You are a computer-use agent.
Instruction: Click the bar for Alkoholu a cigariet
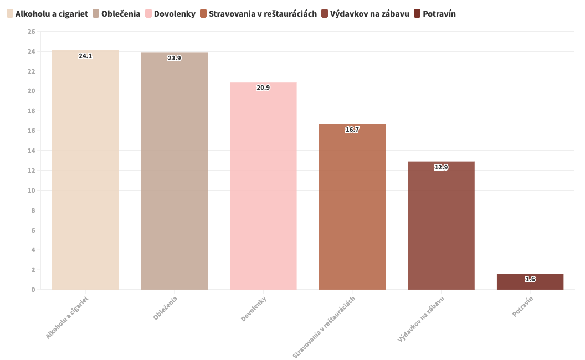tap(85, 172)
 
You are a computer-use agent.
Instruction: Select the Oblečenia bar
tap(175, 172)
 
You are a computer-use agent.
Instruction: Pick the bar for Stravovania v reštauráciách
tap(352, 208)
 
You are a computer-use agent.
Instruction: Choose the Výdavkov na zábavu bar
tap(441, 227)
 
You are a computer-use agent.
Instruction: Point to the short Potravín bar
tap(530, 282)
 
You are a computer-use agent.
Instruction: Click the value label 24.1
tap(85, 56)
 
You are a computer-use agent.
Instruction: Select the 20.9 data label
tap(263, 88)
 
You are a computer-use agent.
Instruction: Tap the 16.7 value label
tap(352, 130)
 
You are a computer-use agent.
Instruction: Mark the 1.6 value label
tap(530, 279)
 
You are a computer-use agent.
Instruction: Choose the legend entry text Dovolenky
tap(175, 13)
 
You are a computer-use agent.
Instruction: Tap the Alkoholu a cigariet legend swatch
tap(10, 13)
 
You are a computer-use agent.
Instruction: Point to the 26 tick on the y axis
tap(31, 32)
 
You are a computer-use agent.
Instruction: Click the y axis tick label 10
tap(31, 191)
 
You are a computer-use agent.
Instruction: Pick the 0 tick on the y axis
tap(33, 290)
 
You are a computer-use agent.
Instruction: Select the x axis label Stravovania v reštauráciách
tap(324, 327)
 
